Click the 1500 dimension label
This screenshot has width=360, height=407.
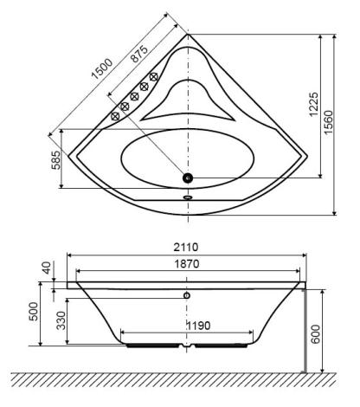tap(101, 69)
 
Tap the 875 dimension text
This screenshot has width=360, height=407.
tap(139, 54)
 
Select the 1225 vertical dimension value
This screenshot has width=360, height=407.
tap(313, 105)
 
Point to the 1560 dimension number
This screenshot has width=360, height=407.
tap(328, 122)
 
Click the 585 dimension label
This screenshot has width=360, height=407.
tap(56, 160)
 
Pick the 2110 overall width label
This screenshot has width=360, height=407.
tap(186, 247)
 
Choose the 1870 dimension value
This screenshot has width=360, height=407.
tap(187, 264)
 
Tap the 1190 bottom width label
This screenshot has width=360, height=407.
tap(198, 326)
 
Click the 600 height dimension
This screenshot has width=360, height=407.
tap(316, 334)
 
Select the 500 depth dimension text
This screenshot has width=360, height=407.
tap(33, 311)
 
